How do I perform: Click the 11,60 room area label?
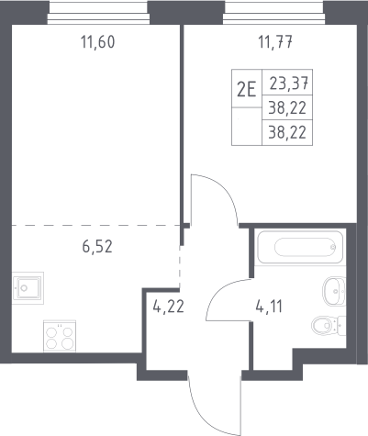(98, 42)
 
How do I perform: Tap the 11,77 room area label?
(275, 42)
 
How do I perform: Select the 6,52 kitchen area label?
(97, 247)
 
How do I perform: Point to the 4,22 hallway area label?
(169, 307)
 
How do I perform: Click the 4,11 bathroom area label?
(269, 307)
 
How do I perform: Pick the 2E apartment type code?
(247, 90)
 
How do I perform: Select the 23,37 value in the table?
(288, 84)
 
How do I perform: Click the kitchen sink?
(28, 288)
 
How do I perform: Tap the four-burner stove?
(60, 336)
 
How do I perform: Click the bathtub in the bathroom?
(300, 247)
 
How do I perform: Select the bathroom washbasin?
(334, 291)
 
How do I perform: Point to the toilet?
(329, 326)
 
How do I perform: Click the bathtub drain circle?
(333, 247)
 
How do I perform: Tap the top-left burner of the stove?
(52, 332)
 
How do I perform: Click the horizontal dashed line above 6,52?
(95, 226)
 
